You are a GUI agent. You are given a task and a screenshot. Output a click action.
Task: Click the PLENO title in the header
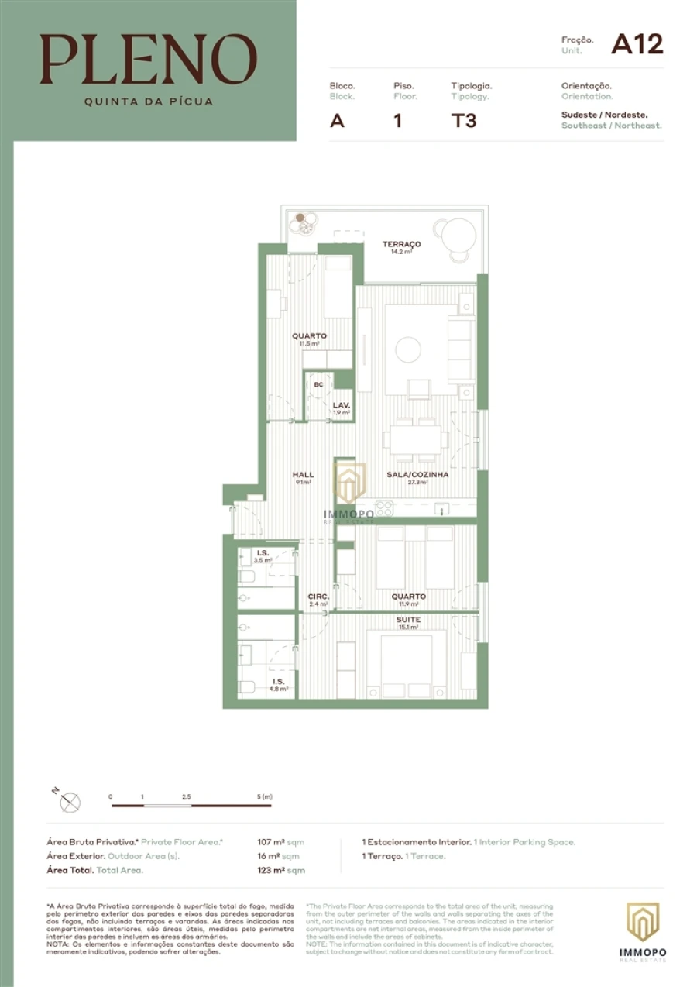(149, 60)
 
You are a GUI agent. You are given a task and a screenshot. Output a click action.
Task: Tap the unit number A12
(637, 44)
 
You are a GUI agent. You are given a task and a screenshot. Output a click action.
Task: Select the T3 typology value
(464, 121)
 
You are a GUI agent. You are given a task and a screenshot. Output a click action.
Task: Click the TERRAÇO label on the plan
(401, 244)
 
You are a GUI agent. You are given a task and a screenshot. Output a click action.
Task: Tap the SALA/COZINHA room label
(417, 475)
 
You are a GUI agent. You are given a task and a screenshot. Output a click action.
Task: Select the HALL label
(303, 475)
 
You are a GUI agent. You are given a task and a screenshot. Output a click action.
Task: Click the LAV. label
(342, 405)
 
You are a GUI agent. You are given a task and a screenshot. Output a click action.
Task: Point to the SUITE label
(408, 620)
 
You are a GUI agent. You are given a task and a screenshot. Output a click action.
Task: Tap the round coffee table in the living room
(408, 350)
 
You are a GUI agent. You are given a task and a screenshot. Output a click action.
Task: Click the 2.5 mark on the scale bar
(186, 796)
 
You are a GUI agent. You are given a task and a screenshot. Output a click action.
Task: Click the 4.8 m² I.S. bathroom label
(278, 685)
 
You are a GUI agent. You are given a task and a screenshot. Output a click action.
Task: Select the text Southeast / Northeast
(611, 125)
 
